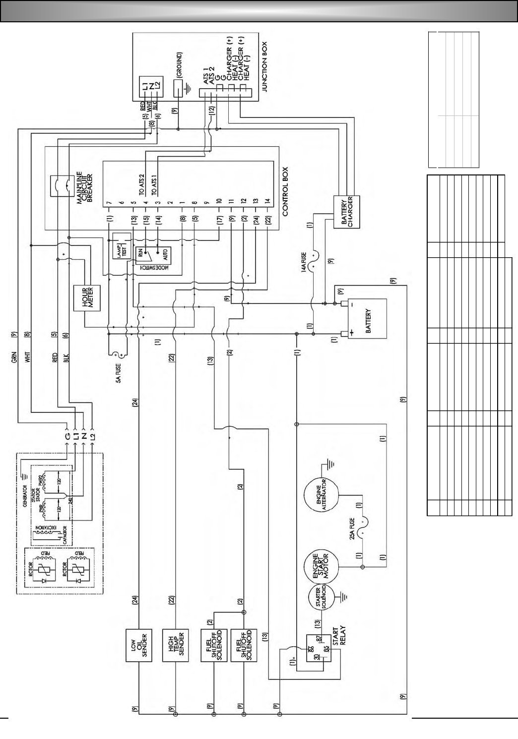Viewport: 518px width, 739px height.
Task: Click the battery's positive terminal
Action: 343,334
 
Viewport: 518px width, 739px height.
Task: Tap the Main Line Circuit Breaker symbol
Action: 62,186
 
